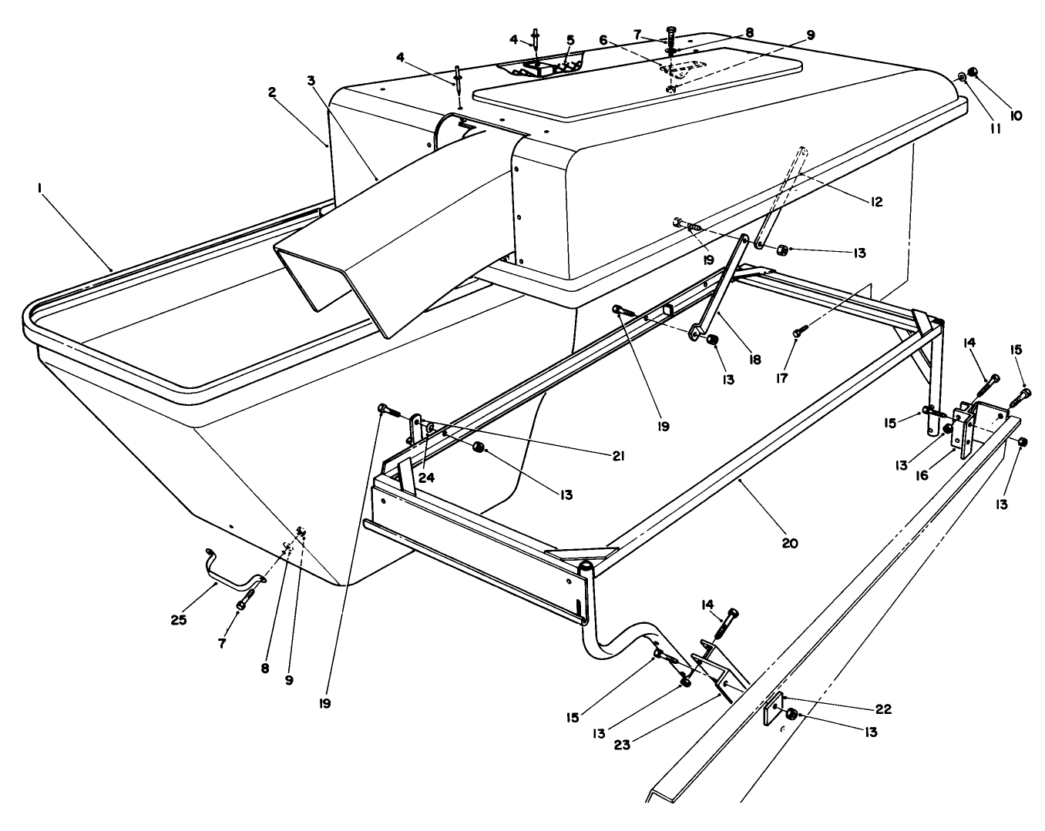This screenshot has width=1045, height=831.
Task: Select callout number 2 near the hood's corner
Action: coord(272,92)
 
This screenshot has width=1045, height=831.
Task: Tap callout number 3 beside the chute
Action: coord(310,80)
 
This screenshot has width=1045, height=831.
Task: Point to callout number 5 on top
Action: coord(570,39)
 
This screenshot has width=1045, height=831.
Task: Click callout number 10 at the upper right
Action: coord(1015,116)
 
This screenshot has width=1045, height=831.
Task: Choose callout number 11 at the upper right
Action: coord(995,129)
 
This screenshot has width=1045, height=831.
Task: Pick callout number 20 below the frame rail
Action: coord(789,543)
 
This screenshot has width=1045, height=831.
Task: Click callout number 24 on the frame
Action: coord(426,477)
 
